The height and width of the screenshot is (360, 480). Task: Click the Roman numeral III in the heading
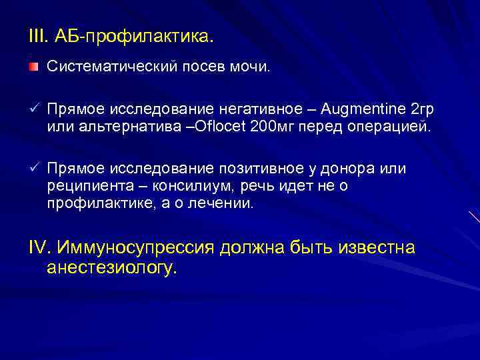(x=36, y=34)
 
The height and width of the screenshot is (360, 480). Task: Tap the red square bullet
(x=33, y=67)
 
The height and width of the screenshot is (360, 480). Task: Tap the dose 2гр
(x=423, y=109)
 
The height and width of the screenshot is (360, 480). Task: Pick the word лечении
(x=219, y=205)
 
